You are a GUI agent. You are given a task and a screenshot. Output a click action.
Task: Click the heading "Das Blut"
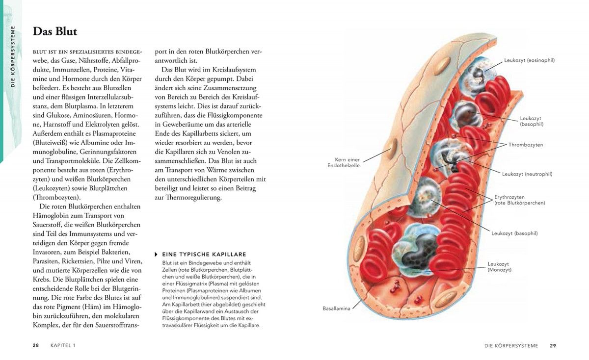coord(54,31)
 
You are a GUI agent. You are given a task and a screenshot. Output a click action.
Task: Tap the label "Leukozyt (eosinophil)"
coord(529,60)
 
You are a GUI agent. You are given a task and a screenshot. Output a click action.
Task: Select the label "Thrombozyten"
coord(526,145)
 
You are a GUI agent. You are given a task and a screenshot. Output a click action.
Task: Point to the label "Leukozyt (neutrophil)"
coord(527,174)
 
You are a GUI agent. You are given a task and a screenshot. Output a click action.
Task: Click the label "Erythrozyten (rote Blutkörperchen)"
coord(520,200)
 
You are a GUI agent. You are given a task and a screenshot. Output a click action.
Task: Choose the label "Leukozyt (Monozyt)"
coord(500,267)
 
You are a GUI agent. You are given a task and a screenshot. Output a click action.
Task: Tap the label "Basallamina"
coord(336,309)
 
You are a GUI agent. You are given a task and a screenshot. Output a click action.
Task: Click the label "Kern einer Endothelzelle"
coord(344,163)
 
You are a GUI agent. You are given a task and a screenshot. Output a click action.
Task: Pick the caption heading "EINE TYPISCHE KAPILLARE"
coord(204,255)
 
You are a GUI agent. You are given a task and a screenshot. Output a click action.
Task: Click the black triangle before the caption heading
coord(156,255)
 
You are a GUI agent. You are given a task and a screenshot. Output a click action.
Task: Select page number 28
coord(36,345)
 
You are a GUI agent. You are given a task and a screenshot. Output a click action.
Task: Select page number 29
coord(553,346)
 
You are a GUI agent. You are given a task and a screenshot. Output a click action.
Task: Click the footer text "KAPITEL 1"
coord(63,345)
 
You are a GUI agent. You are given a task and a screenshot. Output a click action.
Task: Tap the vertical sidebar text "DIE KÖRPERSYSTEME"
coord(13,56)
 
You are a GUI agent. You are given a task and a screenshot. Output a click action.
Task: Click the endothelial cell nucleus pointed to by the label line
coord(392,149)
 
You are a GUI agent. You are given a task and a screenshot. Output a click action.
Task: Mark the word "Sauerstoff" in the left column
coord(47,225)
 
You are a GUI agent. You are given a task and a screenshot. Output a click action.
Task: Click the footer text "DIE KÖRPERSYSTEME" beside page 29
coord(511,346)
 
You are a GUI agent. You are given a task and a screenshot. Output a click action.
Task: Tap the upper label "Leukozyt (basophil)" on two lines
coord(532,121)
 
